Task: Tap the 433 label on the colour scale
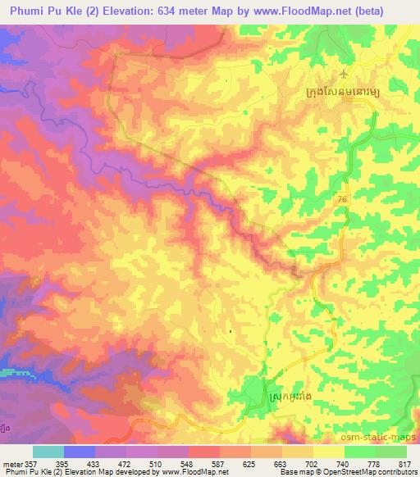(103, 465)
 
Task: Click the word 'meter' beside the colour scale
(13, 465)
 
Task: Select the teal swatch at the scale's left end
(48, 452)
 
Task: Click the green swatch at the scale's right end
(390, 452)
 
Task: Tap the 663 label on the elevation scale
(271, 465)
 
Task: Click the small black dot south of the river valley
(231, 331)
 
